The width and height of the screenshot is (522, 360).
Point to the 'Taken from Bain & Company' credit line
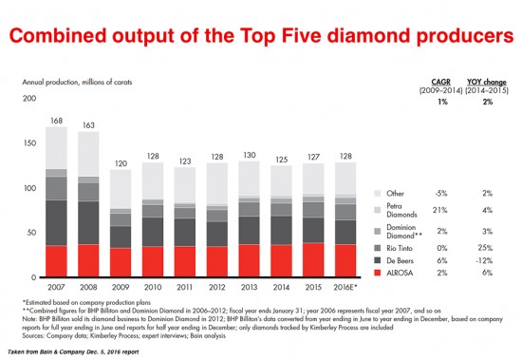coord(81,352)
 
